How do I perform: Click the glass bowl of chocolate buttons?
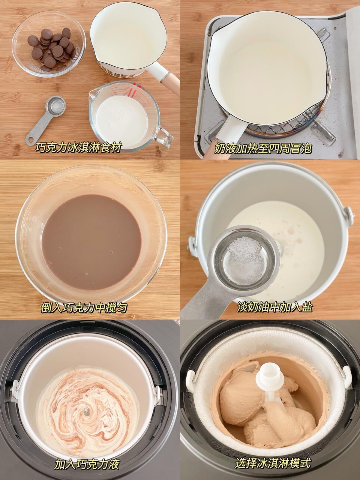[48, 44]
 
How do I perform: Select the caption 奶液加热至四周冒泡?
[263, 148]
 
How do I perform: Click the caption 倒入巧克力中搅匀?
[84, 307]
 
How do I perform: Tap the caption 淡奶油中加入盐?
[274, 307]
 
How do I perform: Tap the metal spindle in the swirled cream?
[87, 411]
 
